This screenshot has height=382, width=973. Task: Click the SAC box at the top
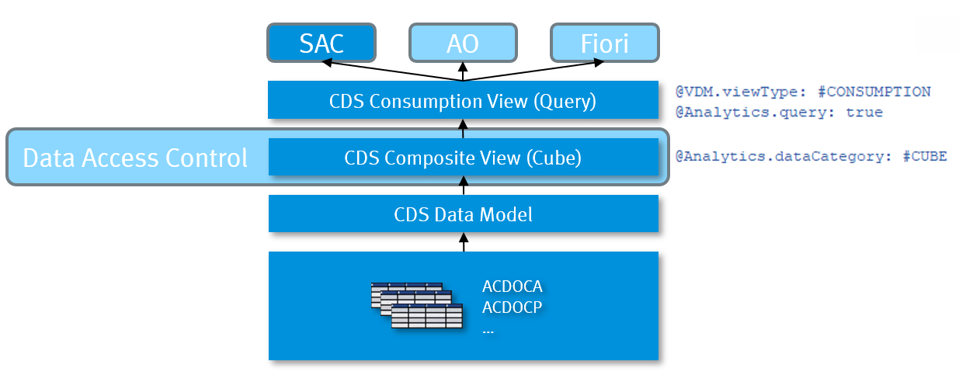321,43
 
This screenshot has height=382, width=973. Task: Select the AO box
463,43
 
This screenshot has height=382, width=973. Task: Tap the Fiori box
604,43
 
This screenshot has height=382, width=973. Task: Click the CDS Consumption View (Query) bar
463,101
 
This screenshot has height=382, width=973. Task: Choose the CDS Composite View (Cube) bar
463,158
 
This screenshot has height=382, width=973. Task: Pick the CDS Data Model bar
463,214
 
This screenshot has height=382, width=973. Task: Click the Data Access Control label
135,158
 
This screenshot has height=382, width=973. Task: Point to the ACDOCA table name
512,287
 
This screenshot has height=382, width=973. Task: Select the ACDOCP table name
512,307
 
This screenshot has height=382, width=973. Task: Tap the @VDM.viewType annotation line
802,92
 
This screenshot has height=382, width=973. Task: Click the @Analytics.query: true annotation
778,113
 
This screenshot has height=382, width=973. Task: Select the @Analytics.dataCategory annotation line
811,156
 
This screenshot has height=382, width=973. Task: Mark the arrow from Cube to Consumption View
464,129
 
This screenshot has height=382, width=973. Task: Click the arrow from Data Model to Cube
464,186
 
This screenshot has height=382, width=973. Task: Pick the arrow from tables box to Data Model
464,241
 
